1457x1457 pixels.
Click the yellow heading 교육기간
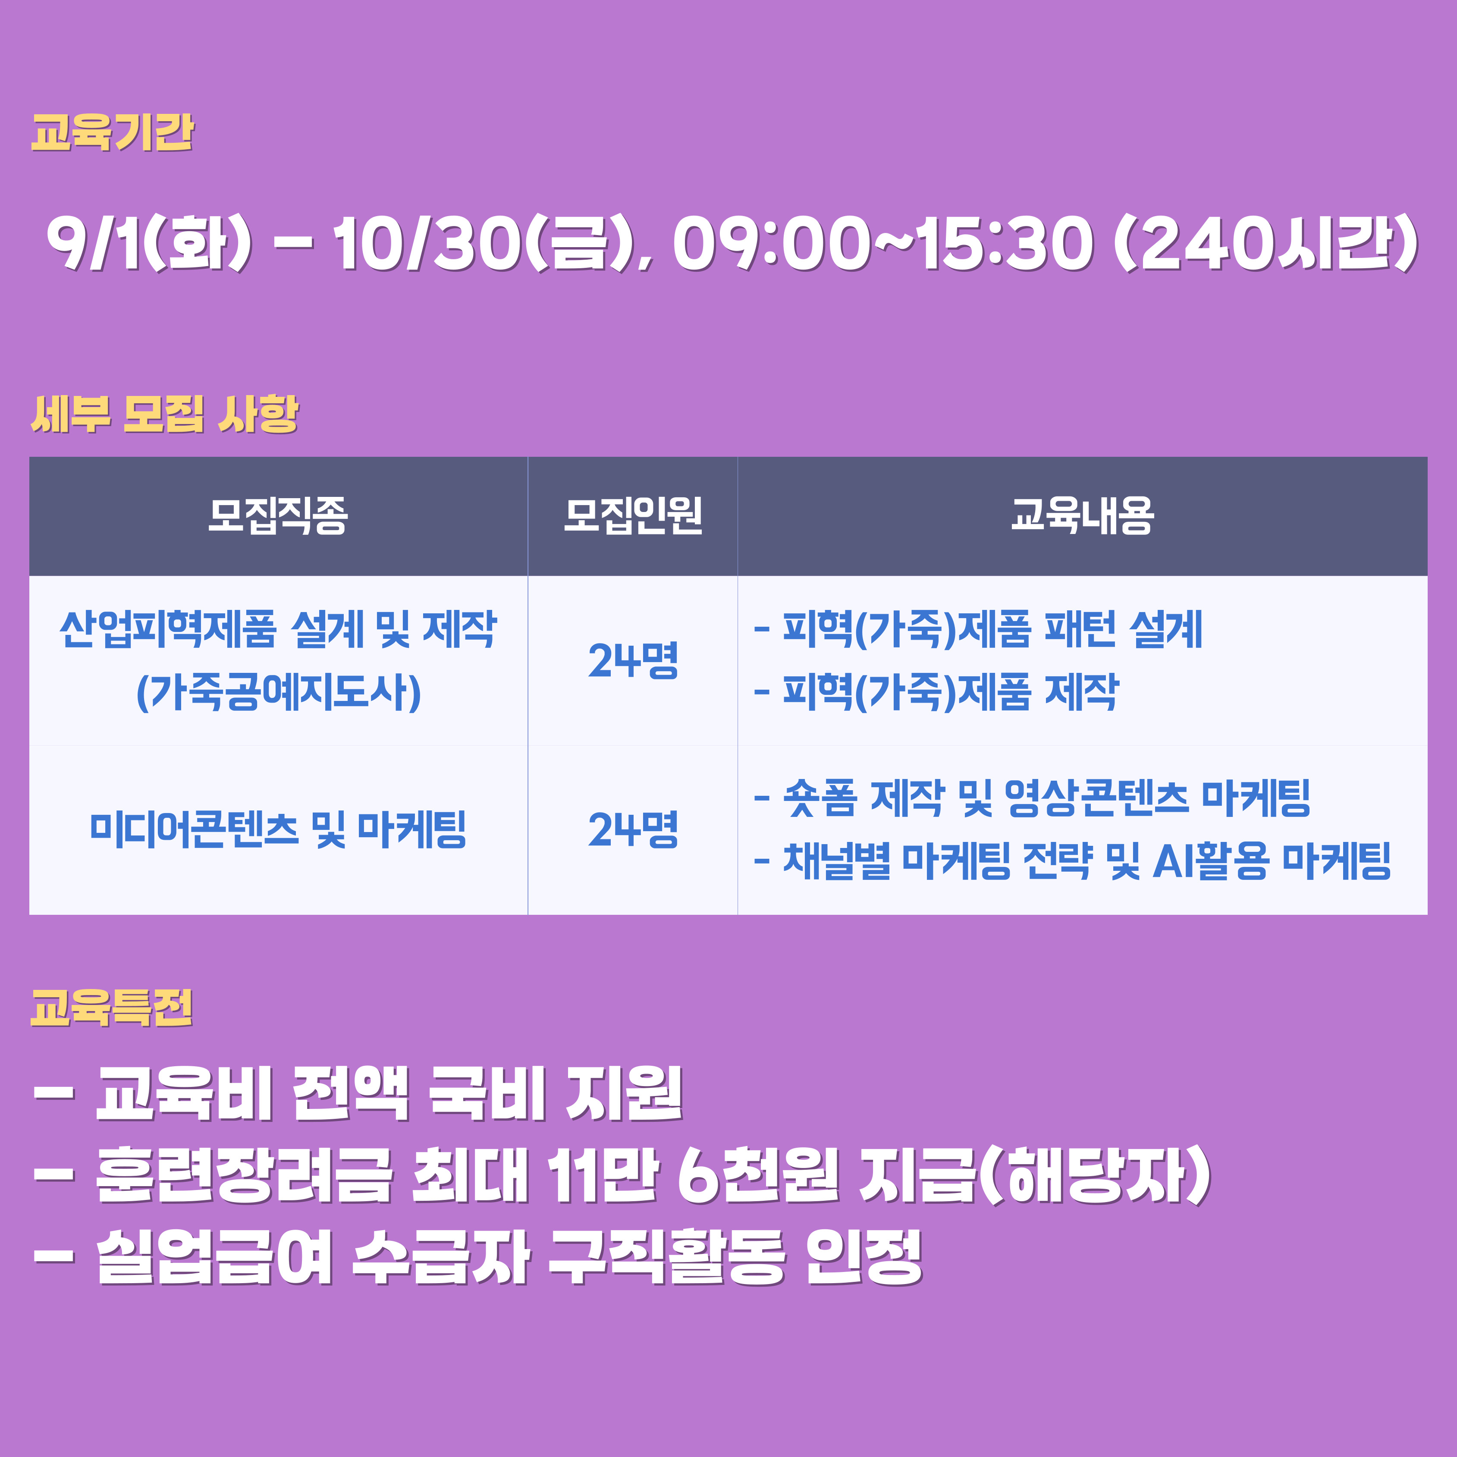tap(113, 133)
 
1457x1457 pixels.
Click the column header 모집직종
tap(278, 516)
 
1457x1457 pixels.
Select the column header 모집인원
tap(633, 516)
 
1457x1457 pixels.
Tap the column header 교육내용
tap(1082, 516)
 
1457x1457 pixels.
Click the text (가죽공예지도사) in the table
tap(278, 692)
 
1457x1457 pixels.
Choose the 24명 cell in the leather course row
tap(633, 661)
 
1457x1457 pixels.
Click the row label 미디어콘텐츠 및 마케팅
tap(278, 829)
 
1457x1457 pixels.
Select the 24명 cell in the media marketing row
tap(633, 829)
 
